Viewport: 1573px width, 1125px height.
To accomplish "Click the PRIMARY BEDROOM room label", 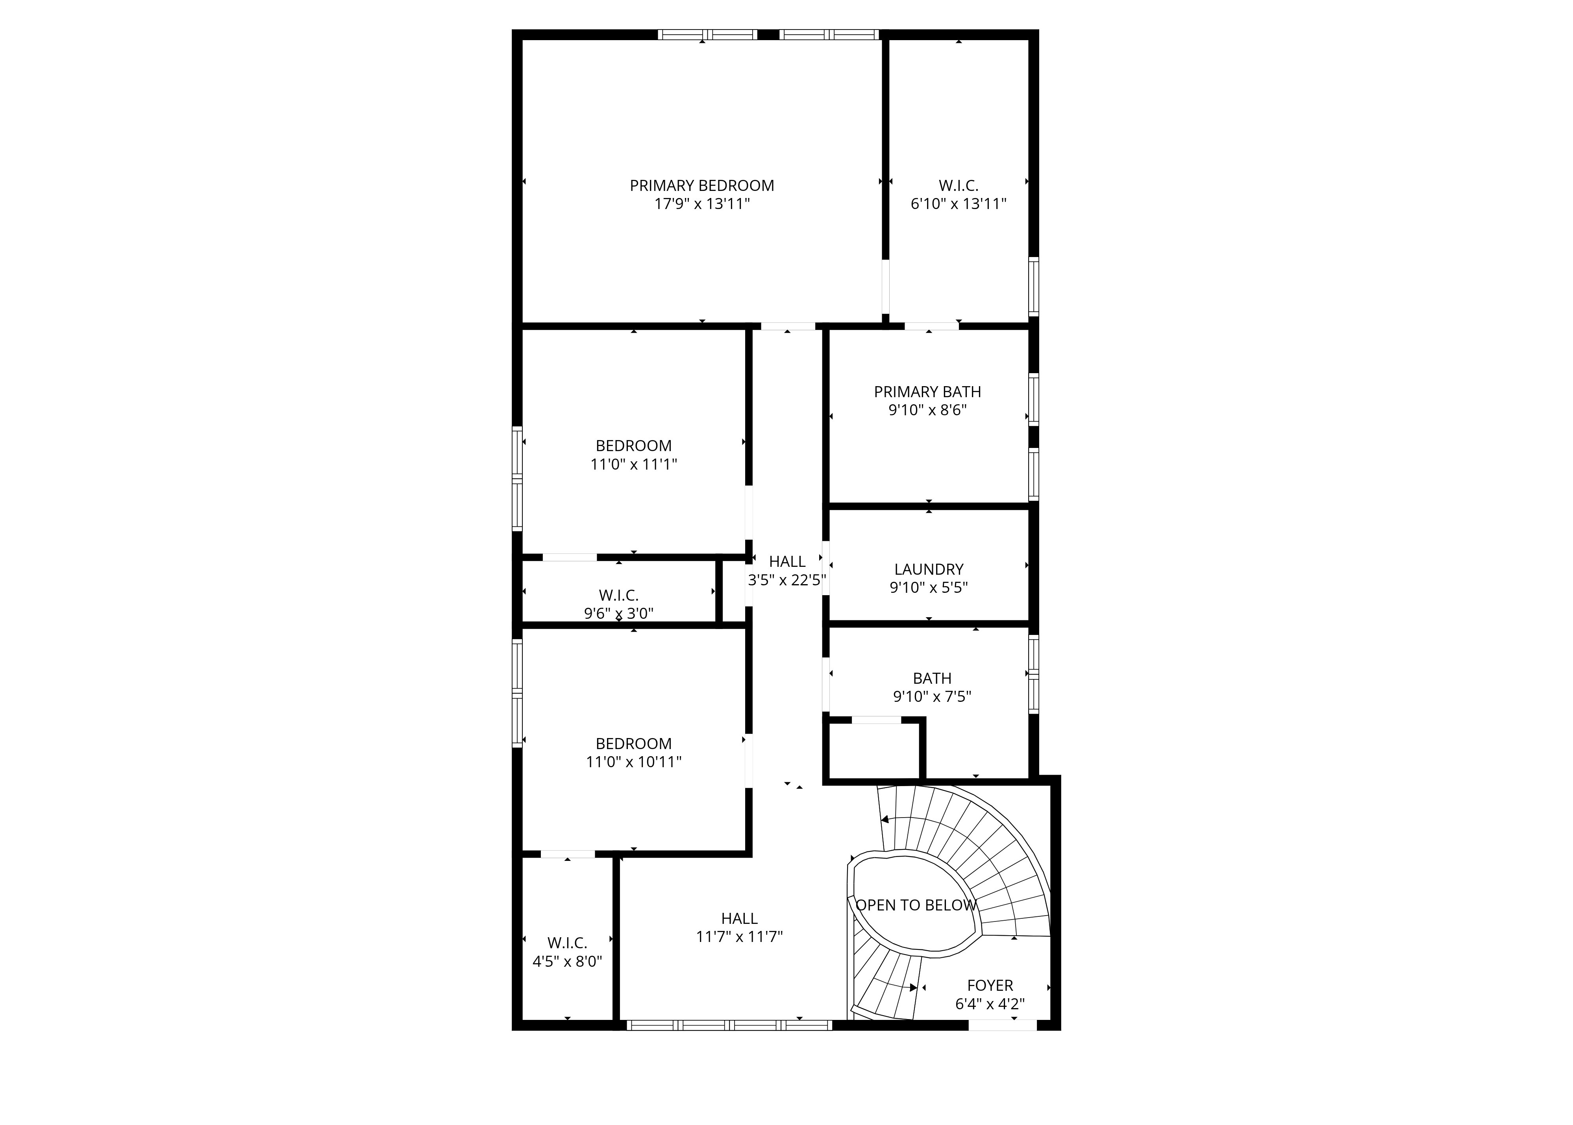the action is click(701, 186).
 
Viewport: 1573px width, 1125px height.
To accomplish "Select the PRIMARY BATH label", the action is click(927, 392).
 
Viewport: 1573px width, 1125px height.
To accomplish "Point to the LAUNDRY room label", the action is click(929, 570).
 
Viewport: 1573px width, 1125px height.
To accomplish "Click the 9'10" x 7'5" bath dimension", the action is click(932, 696).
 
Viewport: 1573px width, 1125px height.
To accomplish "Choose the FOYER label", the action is click(990, 985).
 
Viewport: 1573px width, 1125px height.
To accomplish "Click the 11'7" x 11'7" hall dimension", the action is click(739, 936).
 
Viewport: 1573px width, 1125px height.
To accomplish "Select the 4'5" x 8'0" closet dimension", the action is click(567, 962).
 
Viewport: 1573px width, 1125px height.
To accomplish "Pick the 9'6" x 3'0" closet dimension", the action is click(618, 613).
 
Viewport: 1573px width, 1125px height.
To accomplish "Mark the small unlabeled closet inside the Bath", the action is click(874, 751).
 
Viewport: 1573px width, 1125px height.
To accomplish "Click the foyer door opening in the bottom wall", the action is click(1002, 1025).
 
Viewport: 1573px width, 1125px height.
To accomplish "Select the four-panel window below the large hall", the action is click(729, 1025).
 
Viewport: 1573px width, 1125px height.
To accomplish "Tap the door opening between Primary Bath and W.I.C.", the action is click(932, 326).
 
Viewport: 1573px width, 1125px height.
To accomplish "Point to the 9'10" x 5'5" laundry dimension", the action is click(929, 587).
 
